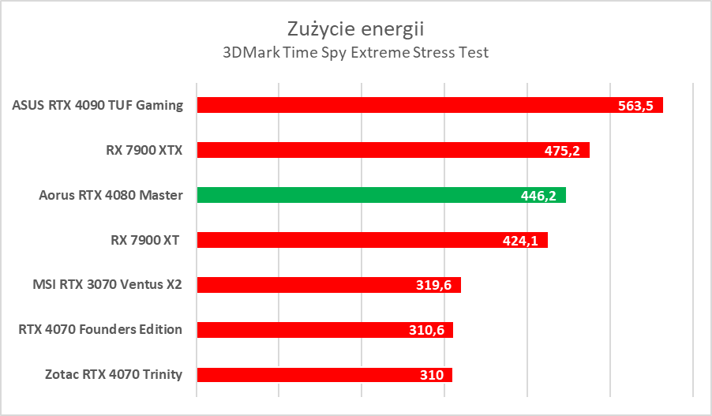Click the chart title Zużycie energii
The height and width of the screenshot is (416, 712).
click(355, 29)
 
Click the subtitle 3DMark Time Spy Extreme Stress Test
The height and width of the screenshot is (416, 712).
click(355, 53)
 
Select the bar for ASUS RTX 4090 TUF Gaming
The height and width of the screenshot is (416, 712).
click(395, 105)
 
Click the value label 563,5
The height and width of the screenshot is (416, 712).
click(635, 106)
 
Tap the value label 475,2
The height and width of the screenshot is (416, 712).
click(562, 151)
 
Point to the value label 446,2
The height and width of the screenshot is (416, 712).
click(538, 196)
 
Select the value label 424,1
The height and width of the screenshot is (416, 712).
click(520, 241)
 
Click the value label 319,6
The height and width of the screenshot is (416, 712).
click(433, 286)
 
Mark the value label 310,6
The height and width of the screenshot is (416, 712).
click(426, 331)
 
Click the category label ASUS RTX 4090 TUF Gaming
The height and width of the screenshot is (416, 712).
click(98, 105)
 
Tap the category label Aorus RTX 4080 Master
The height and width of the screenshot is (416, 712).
click(111, 195)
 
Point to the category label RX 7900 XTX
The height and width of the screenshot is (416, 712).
click(138, 150)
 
